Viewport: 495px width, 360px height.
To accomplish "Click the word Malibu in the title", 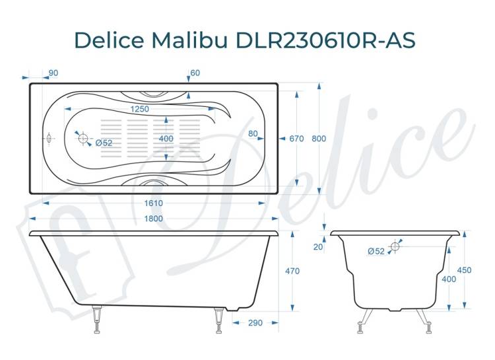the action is (x=189, y=40).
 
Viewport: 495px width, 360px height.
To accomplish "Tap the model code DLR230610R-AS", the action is (x=325, y=40).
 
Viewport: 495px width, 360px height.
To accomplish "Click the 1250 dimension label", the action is (x=139, y=109).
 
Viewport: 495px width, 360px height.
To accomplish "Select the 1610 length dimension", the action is (x=153, y=203).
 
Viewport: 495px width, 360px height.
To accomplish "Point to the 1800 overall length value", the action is (x=153, y=219).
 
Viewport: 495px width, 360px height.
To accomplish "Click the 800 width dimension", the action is (x=319, y=139).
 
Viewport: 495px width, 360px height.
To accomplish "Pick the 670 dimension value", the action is (x=296, y=139).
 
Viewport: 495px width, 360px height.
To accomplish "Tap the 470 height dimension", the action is (x=292, y=271).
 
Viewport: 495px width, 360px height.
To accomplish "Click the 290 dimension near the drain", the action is (x=255, y=323).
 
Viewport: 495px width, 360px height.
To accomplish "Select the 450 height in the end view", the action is (x=464, y=270).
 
